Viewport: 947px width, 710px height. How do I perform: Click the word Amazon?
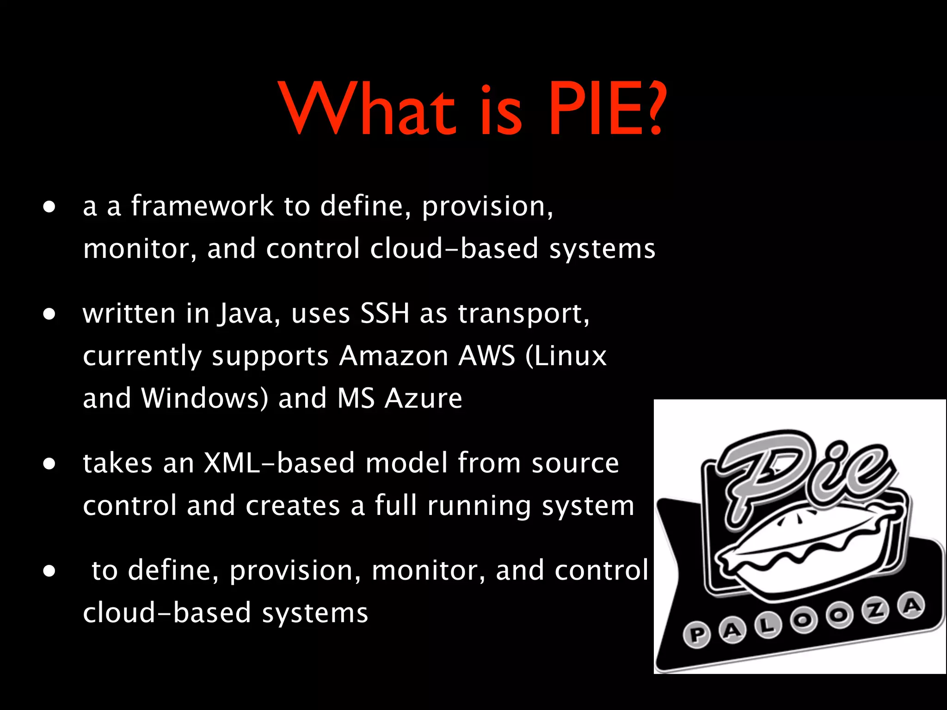pos(394,356)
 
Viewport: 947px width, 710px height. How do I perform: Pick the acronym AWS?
pos(486,356)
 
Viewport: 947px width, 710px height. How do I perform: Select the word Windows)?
pos(205,398)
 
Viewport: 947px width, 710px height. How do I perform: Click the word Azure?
pos(423,398)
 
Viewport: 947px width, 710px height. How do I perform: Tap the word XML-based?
pos(279,463)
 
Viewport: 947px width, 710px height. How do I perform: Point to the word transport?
pos(523,314)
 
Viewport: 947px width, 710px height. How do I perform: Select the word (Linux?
pos(566,356)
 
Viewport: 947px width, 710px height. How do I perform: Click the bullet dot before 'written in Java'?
pos(49,315)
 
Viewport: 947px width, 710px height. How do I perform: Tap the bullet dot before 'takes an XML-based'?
pos(49,464)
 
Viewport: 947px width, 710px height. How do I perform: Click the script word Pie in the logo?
pos(805,471)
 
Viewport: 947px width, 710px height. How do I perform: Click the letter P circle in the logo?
pos(696,635)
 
